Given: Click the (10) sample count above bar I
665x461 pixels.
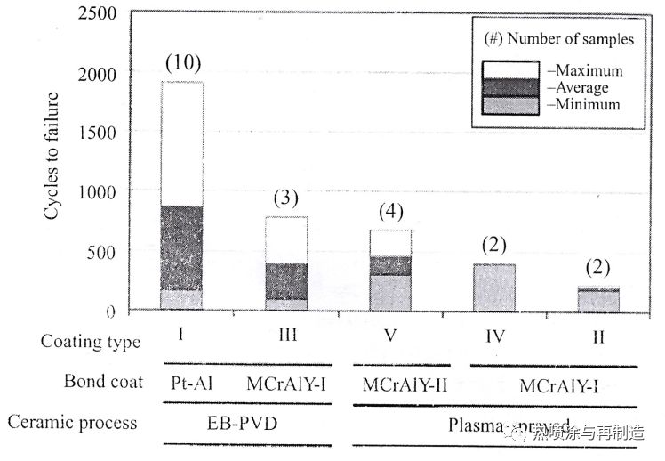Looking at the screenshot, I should click(183, 63).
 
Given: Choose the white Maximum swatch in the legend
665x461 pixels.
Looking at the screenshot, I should click(509, 69).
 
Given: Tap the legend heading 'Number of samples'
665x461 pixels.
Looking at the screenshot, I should click(569, 39).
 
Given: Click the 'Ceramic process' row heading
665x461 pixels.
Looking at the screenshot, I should click(72, 421).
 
